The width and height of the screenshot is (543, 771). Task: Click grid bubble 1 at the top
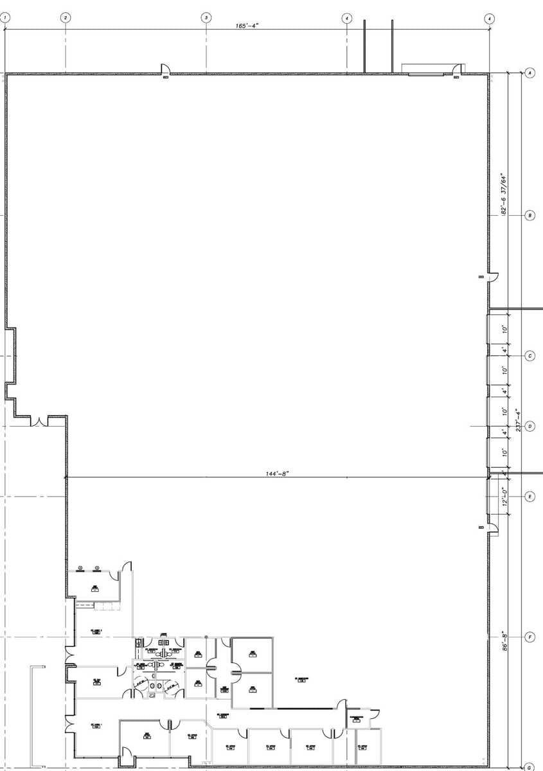coord(5,18)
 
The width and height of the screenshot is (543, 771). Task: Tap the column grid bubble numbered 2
coord(65,18)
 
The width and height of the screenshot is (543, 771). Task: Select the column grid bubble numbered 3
coord(206,18)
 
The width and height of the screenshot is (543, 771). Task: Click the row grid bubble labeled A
coord(530,73)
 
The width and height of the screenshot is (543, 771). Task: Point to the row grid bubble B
coord(530,216)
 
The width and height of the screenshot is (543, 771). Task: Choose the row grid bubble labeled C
coord(530,355)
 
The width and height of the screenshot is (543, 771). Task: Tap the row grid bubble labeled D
coord(530,426)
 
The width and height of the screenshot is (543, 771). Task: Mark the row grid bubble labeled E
coord(530,496)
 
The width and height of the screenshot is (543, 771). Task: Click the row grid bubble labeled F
coord(530,637)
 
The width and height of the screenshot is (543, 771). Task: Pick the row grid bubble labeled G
coord(529,767)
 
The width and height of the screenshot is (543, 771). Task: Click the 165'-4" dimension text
coord(247,26)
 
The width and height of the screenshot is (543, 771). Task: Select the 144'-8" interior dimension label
coord(278,474)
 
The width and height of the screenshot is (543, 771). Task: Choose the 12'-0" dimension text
coord(504,496)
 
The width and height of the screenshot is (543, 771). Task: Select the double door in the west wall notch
coord(39,421)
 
